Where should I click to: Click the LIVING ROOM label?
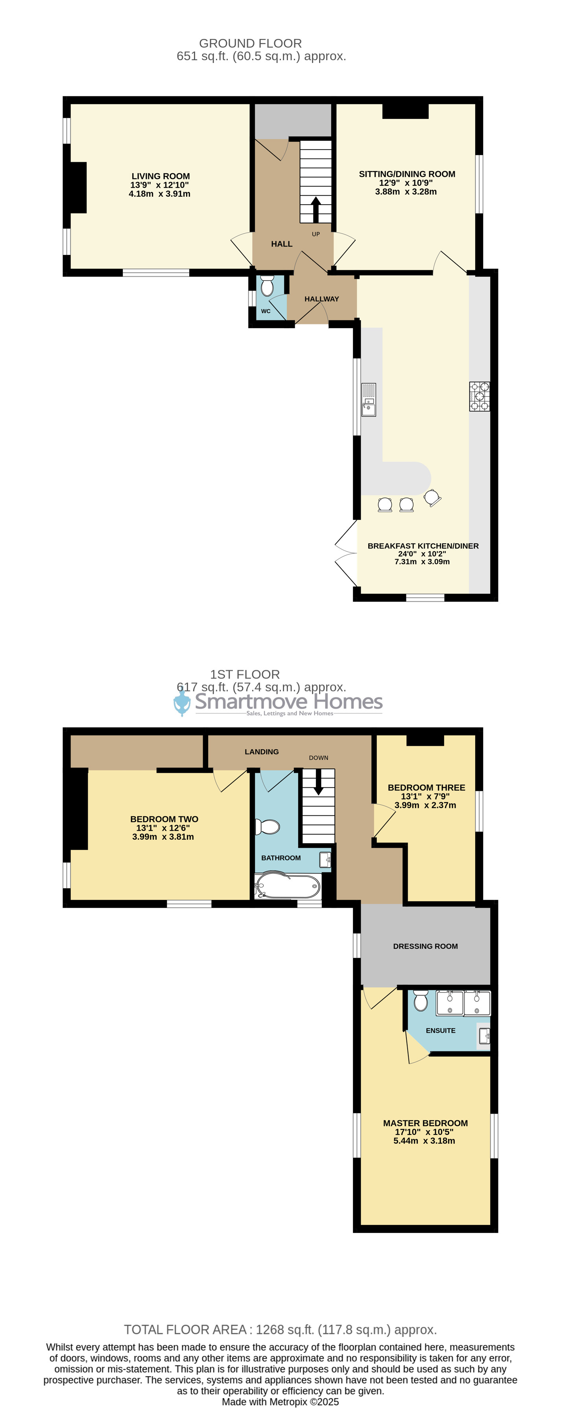click(x=161, y=176)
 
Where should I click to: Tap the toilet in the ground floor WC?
click(x=267, y=285)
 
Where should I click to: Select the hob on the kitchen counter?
click(x=480, y=396)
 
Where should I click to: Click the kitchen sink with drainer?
click(x=369, y=399)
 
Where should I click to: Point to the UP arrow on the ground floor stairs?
click(x=316, y=209)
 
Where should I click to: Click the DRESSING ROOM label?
click(x=426, y=946)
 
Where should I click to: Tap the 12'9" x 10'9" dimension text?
click(x=406, y=183)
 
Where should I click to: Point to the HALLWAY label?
click(x=322, y=299)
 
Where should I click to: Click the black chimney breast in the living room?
click(x=78, y=187)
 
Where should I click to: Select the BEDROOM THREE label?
click(x=426, y=788)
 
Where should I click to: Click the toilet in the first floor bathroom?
click(x=268, y=826)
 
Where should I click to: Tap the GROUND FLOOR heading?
click(x=250, y=43)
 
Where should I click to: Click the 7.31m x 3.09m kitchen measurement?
click(x=422, y=561)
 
